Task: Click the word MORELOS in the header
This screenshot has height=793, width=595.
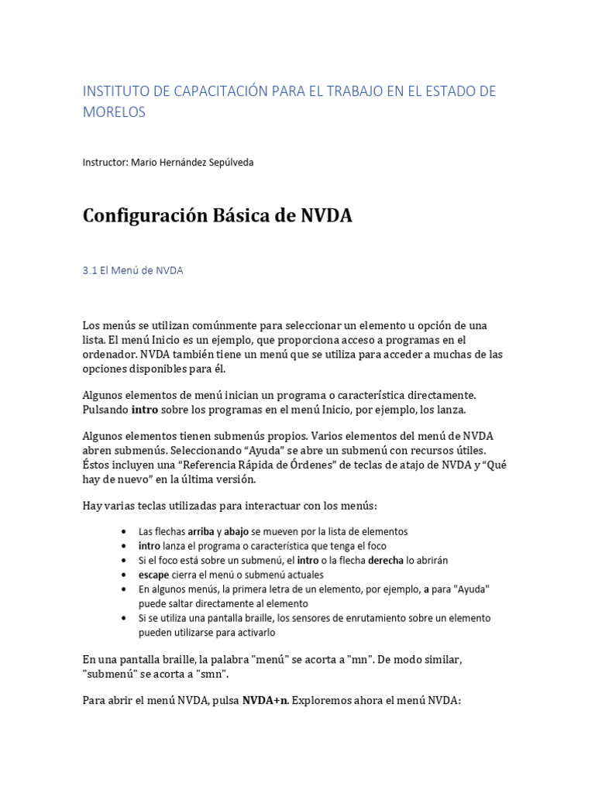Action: click(x=114, y=112)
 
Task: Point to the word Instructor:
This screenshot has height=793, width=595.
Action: click(x=105, y=163)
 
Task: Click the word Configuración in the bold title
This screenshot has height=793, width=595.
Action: click(x=144, y=216)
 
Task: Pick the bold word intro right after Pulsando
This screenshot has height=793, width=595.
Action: click(x=145, y=409)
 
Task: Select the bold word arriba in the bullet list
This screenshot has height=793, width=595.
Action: click(x=201, y=532)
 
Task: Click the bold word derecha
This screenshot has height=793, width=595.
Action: click(x=386, y=560)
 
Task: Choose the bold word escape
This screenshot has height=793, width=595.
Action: click(x=154, y=575)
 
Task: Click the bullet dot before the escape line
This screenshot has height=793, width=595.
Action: click(x=126, y=575)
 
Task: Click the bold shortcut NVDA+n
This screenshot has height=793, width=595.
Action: click(x=264, y=701)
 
